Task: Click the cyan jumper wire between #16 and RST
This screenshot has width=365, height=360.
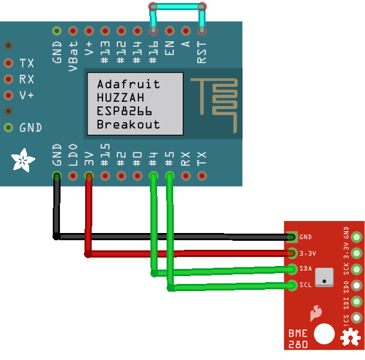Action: pos(177,7)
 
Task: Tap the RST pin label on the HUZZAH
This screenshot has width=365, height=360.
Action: pos(202,52)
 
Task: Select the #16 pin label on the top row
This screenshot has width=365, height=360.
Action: pos(153,55)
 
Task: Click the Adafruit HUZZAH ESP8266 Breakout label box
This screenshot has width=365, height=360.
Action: pos(135,104)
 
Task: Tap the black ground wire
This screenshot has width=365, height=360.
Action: pos(174,237)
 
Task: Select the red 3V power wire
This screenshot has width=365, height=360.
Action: pos(186,254)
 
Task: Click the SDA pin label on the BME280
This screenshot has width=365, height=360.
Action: pos(306,268)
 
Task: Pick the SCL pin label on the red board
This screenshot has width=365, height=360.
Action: pos(306,285)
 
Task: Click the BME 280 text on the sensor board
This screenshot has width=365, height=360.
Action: pos(298,338)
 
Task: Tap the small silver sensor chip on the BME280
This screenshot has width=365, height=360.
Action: pos(324,277)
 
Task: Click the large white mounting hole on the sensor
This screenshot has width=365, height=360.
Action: pos(324,334)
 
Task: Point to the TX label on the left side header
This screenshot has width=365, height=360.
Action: pos(26,63)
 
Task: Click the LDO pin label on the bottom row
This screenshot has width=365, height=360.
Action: pos(73,155)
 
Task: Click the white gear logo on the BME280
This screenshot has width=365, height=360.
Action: pos(349,339)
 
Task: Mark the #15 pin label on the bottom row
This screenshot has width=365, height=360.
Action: pos(105,155)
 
